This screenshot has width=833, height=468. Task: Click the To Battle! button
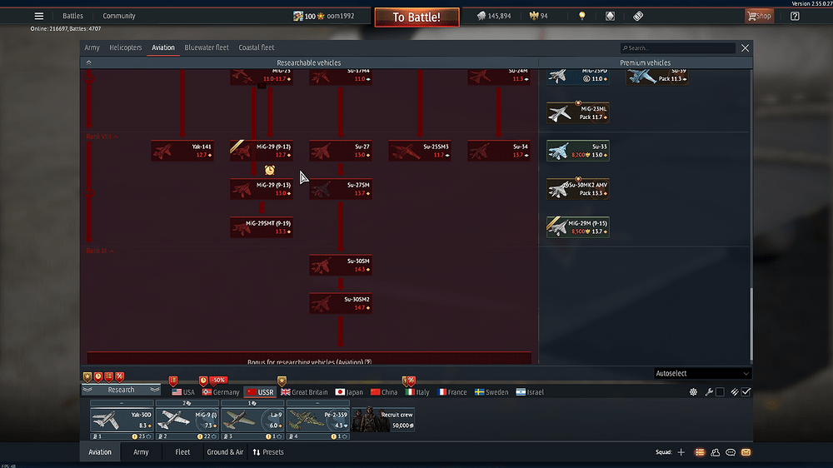coord(416,17)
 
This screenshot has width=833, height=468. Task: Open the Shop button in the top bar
coord(758,16)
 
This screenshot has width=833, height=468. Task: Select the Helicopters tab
coord(125,47)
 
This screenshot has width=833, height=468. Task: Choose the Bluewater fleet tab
coord(207,47)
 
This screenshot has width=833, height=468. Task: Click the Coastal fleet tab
coord(257,47)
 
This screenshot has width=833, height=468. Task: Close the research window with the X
coord(746,48)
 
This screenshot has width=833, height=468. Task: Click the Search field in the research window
coord(679,48)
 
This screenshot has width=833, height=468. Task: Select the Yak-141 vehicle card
coord(182,151)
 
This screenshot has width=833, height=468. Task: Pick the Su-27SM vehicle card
coord(341,189)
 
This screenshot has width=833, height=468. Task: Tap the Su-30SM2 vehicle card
coord(341,303)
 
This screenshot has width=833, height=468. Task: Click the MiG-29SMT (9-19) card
coord(262,227)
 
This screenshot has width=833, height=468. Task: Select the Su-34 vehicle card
coord(499,151)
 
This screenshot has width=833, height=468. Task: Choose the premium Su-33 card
coord(578,151)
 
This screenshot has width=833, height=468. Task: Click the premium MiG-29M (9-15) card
coord(578,227)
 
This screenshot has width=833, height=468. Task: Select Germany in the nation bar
coord(221,391)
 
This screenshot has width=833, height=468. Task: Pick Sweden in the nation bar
coord(491,391)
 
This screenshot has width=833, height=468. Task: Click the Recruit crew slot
coord(383,419)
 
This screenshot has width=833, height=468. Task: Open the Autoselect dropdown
coord(702,374)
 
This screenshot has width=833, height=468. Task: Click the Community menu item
coord(119,16)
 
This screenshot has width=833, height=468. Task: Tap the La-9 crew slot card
coord(252,419)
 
